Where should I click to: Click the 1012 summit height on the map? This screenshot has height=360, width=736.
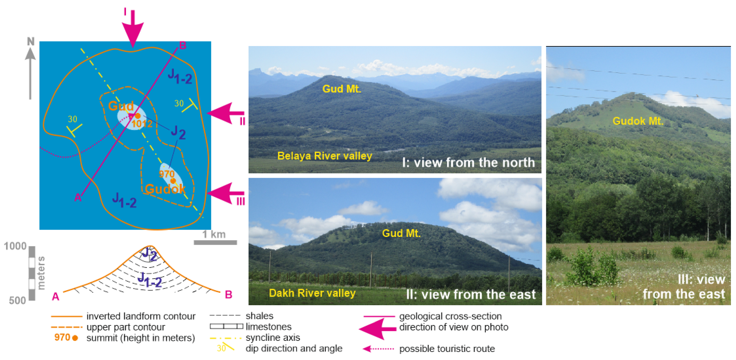pos(142,124)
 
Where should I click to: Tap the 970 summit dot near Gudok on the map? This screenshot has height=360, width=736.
pos(173,181)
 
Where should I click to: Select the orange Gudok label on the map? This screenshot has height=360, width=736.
pos(165,189)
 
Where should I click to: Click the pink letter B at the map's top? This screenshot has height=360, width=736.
pos(183,45)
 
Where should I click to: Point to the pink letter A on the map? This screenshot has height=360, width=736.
pos(78,197)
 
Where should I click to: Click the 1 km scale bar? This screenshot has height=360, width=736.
pos(215,242)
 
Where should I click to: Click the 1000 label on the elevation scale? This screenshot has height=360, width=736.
pos(15,246)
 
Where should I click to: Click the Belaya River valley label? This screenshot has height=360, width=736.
pos(324,156)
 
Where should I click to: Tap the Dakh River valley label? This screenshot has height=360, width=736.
pos(312,293)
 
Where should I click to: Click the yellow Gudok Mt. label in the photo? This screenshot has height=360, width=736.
pos(638,121)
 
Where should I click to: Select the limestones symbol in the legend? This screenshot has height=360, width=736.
pos(226,326)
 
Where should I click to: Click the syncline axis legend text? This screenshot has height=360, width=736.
pos(273,337)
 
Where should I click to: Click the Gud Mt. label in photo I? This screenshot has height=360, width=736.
pos(342,89)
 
